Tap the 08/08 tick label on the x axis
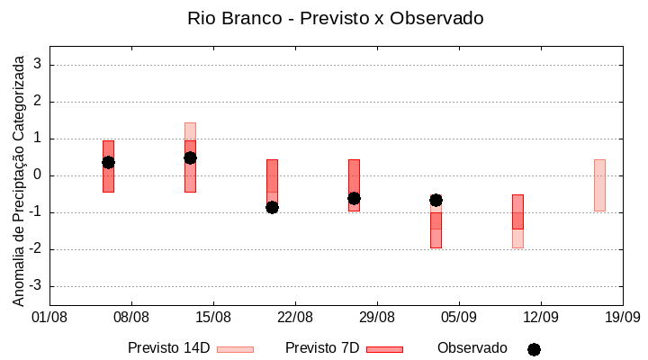(x=131, y=317)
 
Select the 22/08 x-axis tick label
(x=295, y=317)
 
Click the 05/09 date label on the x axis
(x=458, y=317)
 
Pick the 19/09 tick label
(x=622, y=317)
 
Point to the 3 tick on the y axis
(x=38, y=65)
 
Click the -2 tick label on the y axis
(x=35, y=249)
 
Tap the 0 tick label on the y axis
(x=38, y=175)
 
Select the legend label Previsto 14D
(x=169, y=348)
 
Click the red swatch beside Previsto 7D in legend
(x=385, y=349)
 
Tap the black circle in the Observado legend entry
(x=534, y=349)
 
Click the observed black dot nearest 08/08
(x=108, y=162)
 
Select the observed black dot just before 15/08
(x=190, y=157)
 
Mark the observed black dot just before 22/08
(x=272, y=207)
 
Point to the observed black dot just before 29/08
(x=354, y=198)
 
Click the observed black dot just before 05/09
(x=436, y=200)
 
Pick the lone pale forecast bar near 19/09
(x=599, y=185)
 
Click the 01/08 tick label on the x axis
(x=49, y=317)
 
